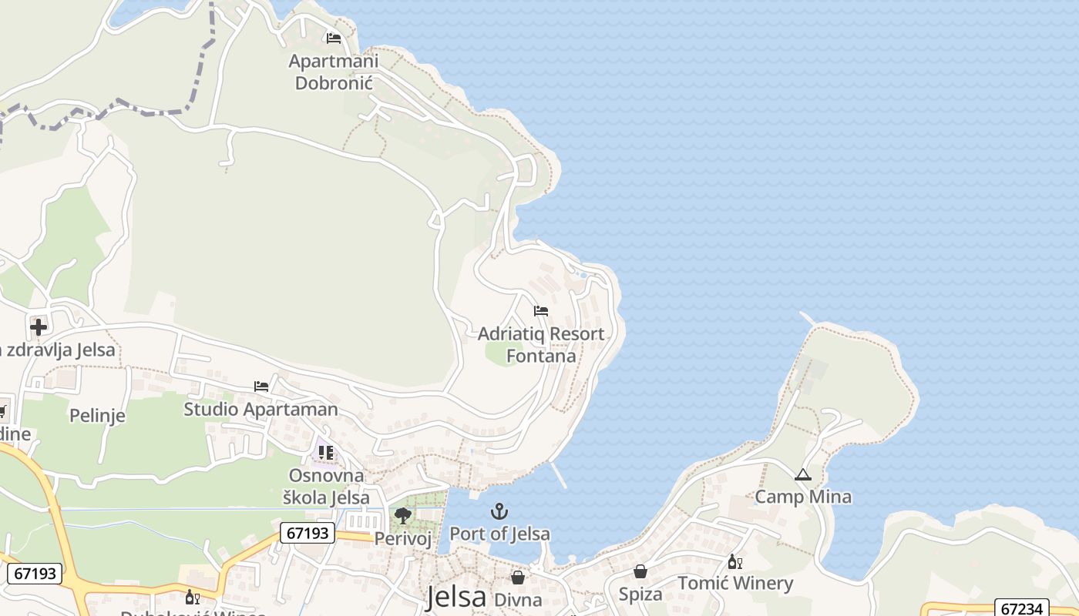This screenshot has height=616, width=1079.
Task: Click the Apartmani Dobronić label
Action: (334, 72)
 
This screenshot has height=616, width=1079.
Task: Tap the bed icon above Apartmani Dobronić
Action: (334, 38)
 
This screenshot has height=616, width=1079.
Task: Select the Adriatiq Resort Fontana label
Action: (541, 345)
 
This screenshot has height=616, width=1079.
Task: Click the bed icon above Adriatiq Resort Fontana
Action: (541, 311)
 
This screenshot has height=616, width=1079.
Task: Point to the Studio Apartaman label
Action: (261, 409)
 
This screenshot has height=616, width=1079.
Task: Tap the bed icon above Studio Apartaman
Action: (261, 386)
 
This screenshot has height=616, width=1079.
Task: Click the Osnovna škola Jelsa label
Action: (326, 486)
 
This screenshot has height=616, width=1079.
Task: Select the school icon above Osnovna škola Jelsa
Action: (326, 452)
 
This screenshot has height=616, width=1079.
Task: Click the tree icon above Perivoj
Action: (402, 515)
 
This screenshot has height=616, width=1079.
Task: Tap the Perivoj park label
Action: (402, 538)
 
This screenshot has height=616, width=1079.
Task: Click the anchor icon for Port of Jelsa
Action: (499, 511)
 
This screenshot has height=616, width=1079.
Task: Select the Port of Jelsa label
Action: (499, 534)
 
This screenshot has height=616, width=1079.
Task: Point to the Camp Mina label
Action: (803, 497)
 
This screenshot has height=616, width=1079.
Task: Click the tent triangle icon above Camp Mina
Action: (803, 474)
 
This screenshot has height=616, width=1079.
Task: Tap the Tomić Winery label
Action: (735, 584)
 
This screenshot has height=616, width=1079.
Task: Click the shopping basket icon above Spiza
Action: (640, 571)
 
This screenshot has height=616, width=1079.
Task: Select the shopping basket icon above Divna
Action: (518, 577)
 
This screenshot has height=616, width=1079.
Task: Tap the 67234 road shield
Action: (1021, 608)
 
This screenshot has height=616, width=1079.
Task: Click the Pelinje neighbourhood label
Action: (97, 416)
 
